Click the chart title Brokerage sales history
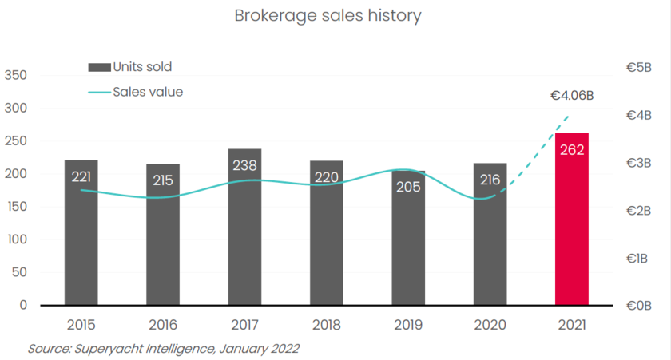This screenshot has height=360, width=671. [328, 15]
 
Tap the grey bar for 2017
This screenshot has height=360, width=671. [244, 239]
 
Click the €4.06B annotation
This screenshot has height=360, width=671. [572, 96]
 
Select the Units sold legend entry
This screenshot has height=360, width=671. [141, 67]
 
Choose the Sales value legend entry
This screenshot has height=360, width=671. [147, 92]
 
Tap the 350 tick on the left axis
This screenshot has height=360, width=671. [16, 75]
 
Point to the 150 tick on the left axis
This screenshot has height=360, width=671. [16, 207]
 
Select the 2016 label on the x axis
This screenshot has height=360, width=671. [162, 326]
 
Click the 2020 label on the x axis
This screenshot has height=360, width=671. [490, 326]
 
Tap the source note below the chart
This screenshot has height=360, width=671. [163, 349]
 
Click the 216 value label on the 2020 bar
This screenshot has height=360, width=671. [490, 180]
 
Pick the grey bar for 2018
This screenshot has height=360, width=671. [326, 239]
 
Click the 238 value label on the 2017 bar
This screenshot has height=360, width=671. [244, 165]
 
